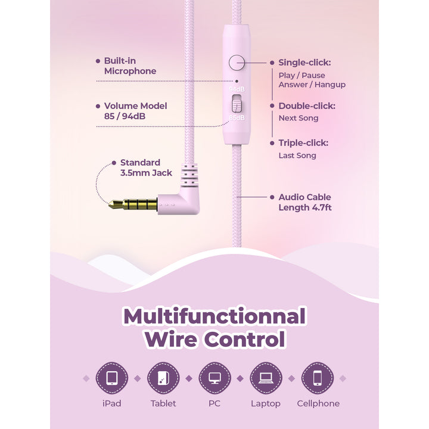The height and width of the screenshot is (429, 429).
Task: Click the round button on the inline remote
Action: [237, 63]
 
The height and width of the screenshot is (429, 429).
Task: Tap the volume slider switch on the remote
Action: [237, 104]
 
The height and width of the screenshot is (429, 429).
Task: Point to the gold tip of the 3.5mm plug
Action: [111, 204]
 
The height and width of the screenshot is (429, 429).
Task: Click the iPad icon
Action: [111, 378]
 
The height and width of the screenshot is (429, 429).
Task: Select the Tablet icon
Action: [163, 378]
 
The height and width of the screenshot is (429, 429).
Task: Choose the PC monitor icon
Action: [214, 378]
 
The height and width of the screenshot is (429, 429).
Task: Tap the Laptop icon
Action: [266, 378]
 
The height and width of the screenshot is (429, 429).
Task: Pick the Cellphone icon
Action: [318, 378]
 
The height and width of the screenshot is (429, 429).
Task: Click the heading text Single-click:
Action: [304, 63]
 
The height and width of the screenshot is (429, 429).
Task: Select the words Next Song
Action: [299, 118]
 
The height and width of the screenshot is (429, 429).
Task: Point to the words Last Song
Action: [297, 156]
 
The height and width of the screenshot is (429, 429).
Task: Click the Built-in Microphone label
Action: [130, 66]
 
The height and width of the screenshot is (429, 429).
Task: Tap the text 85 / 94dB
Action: [125, 116]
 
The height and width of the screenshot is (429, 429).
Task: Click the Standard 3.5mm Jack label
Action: [146, 167]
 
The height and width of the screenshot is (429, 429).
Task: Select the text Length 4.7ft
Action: [305, 208]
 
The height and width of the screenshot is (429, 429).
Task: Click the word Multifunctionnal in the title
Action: [214, 316]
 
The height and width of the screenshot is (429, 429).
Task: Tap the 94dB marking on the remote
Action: [237, 89]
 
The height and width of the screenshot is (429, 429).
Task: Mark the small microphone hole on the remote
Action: [237, 81]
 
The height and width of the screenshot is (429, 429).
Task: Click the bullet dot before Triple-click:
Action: [272, 143]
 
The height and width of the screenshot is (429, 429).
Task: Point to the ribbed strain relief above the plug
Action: [189, 175]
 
